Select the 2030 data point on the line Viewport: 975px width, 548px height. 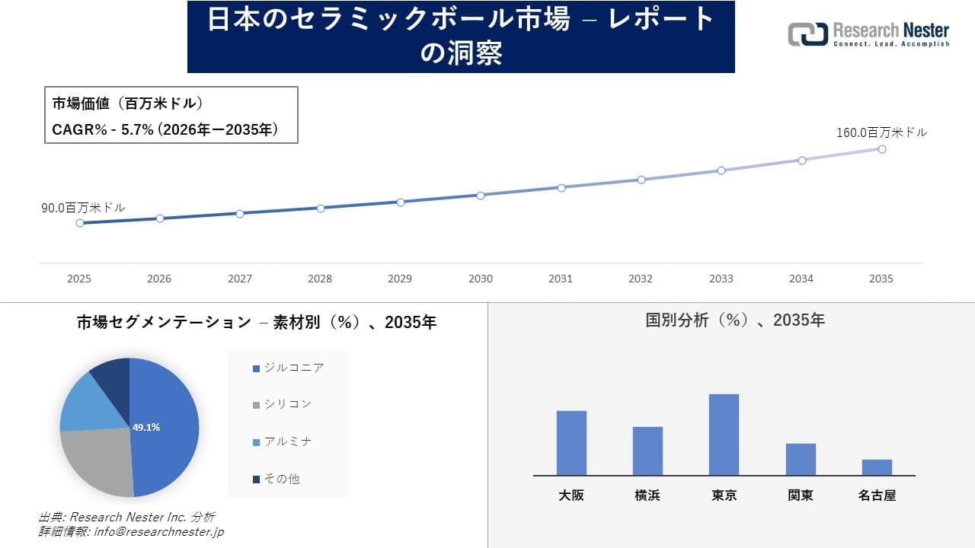pos(481,196)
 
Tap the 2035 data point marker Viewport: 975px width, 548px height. pos(882,149)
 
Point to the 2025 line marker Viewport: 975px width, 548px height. pos(79,223)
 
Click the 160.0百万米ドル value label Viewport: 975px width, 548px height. pos(881,132)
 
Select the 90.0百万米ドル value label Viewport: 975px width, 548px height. pos(83,207)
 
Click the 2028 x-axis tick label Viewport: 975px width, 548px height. pos(320,279)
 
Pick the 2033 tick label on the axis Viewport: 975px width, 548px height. pos(721,279)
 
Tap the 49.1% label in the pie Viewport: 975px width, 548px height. pos(146,428)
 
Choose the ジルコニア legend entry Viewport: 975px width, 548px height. pos(293,368)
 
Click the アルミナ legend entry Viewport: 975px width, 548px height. pos(287,441)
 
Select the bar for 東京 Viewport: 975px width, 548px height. pos(724,435)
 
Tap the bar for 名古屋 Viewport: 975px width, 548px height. pos(877,467)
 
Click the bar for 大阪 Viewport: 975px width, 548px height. pos(571,443)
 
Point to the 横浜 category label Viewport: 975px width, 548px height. pos(647,495)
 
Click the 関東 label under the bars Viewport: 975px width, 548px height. pos(801,495)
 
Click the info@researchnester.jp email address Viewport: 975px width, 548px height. pos(158,532)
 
